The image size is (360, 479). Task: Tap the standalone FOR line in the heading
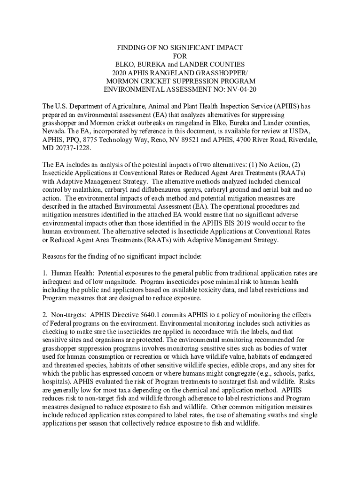tap(180, 56)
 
